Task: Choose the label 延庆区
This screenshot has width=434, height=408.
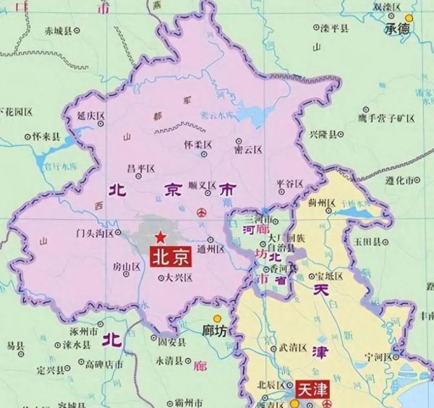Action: coord(93,115)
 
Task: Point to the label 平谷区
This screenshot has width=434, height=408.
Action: coord(289,183)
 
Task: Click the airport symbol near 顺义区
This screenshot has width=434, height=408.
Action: coord(203,213)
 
